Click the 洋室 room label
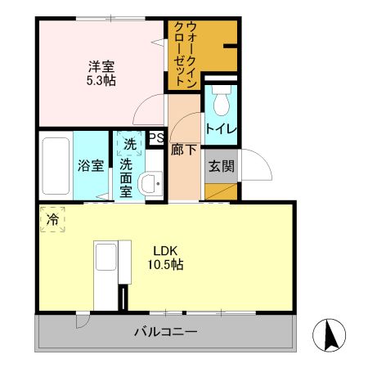coord(101,66)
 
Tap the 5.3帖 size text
coord(101,80)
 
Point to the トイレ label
coord(220,128)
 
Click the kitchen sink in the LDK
coord(105,260)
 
